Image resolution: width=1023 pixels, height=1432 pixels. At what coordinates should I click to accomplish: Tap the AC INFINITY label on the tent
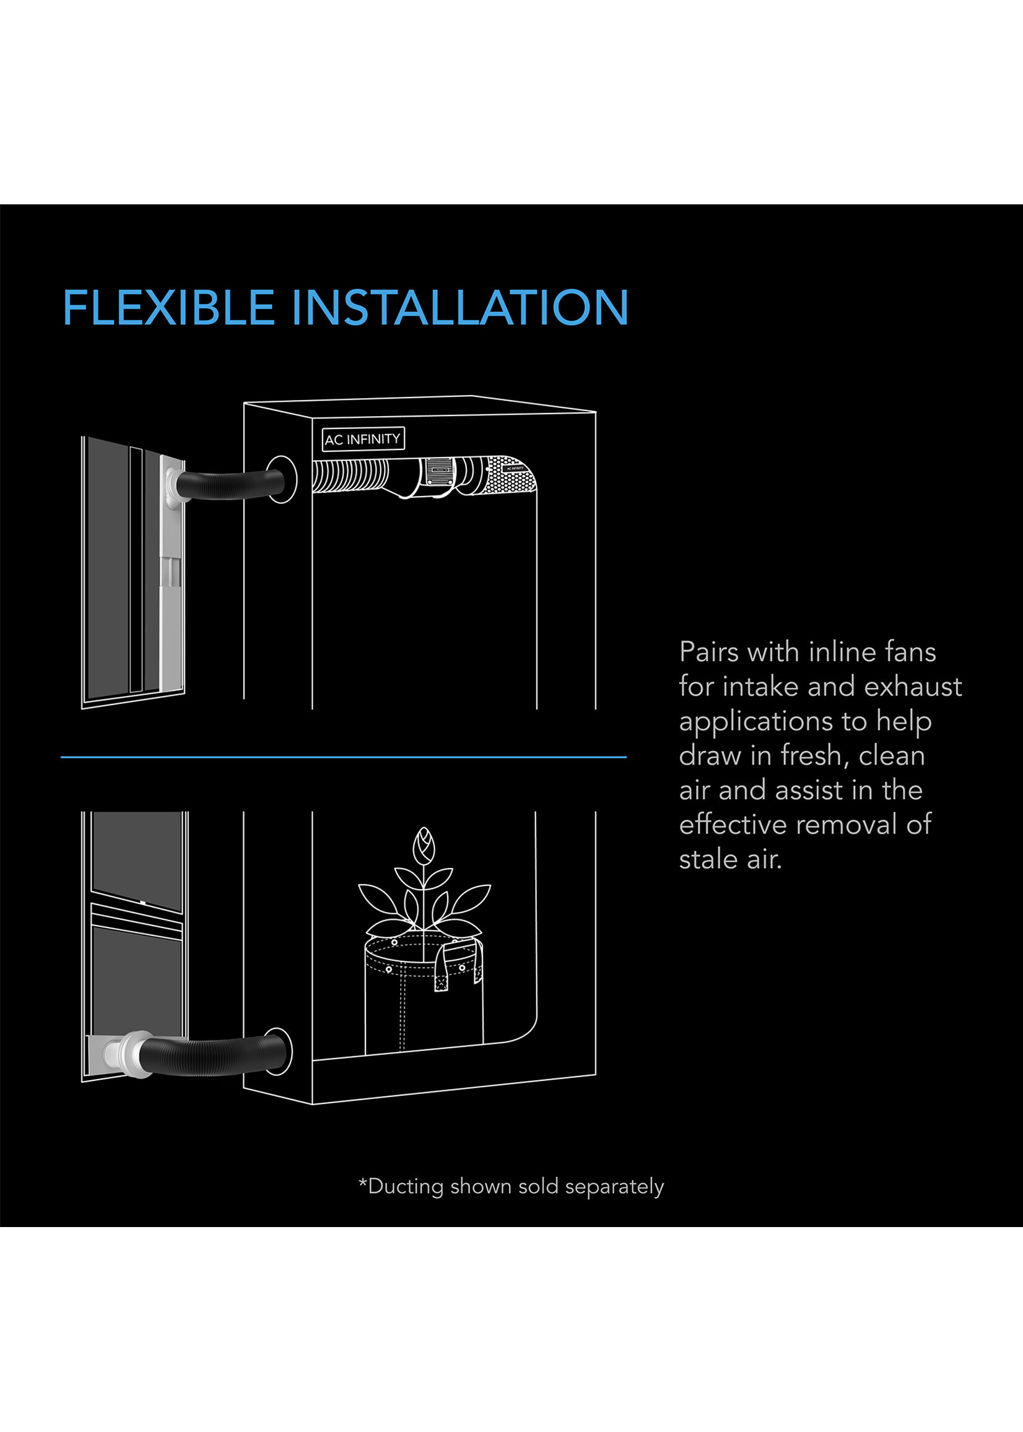click(362, 439)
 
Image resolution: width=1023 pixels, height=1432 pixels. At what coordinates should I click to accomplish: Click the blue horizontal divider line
click(343, 757)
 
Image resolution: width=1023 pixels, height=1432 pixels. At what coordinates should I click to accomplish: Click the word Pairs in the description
click(709, 652)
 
